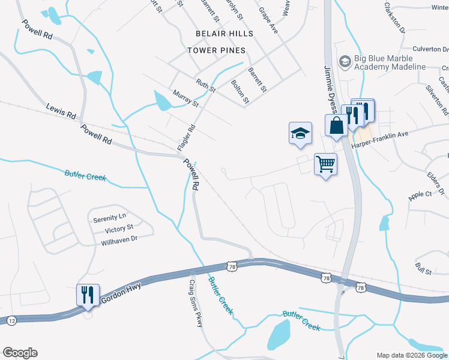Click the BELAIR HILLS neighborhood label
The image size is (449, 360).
tap(224, 34)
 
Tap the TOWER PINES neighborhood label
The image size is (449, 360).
tap(216, 50)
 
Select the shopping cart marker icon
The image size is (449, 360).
tap(325, 164)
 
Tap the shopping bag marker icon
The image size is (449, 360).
tap(336, 125)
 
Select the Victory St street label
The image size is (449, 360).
tap(119, 229)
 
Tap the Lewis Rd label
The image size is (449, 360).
tap(61, 111)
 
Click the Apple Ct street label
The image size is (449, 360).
tap(420, 195)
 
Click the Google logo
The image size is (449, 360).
tap(20, 353)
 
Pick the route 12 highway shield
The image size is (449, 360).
tap(11, 322)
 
